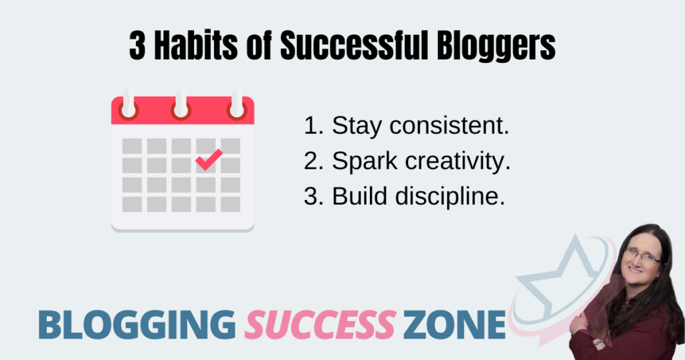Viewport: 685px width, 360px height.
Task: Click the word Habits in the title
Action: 196,46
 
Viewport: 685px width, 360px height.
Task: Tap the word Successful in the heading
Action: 354,46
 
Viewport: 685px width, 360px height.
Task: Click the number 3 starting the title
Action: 137,46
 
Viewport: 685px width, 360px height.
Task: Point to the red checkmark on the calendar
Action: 209,159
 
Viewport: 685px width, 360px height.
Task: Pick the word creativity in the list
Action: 458,161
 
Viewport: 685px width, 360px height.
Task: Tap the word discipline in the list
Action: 450,196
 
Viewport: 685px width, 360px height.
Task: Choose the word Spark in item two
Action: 365,162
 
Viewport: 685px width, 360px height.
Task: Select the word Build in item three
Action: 360,196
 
